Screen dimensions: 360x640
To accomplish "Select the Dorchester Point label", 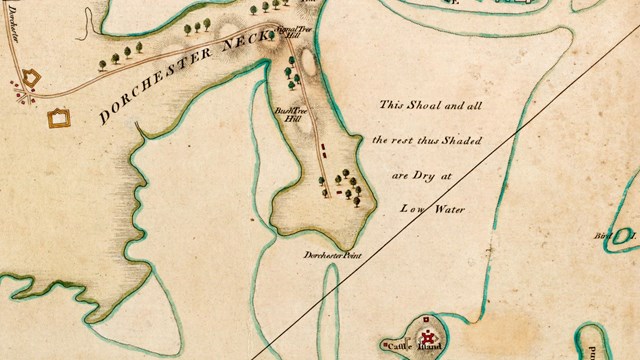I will (x=333, y=256).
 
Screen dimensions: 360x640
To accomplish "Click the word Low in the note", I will (x=413, y=211).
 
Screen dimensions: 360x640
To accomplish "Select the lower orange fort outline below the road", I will (x=59, y=118).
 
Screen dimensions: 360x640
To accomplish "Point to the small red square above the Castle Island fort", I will (x=427, y=320).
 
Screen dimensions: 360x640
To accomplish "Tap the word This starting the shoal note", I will (x=392, y=104).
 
